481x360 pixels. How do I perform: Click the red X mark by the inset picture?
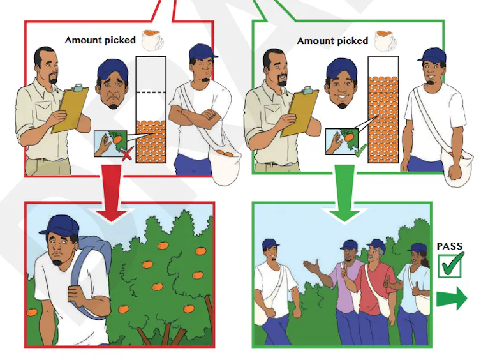(128, 154)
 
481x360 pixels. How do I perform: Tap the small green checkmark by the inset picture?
(361, 150)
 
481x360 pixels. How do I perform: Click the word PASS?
(449, 246)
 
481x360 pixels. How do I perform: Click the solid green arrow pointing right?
(452, 298)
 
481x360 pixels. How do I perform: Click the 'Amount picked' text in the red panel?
(100, 40)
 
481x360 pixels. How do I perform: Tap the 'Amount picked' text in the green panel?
(332, 41)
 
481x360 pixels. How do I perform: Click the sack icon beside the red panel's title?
(152, 40)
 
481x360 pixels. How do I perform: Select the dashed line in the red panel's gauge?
(151, 93)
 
